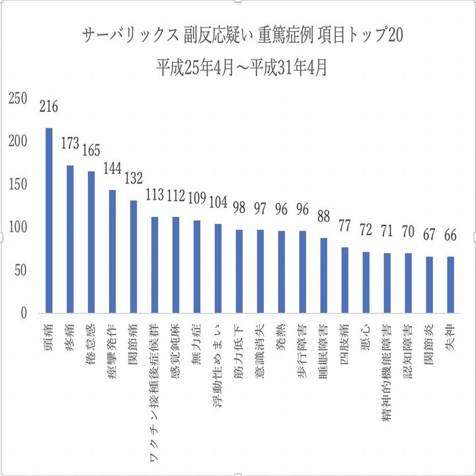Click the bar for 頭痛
(x=49, y=220)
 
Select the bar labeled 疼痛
(x=70, y=239)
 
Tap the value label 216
(x=49, y=106)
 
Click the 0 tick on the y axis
(x=23, y=313)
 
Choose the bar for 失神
(x=451, y=285)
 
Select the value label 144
(x=112, y=169)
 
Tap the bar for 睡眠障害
(x=324, y=276)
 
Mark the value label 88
(x=324, y=216)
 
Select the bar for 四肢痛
(x=345, y=280)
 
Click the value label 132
(x=134, y=178)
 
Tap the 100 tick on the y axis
(x=18, y=227)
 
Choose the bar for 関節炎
(x=430, y=285)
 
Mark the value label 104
(x=218, y=202)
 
